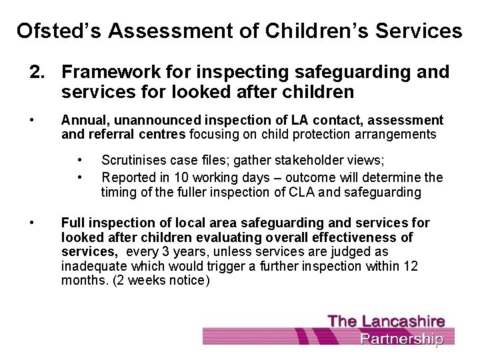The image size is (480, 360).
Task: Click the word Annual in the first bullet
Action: tap(81, 120)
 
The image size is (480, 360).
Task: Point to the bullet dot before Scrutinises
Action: tap(80, 160)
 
